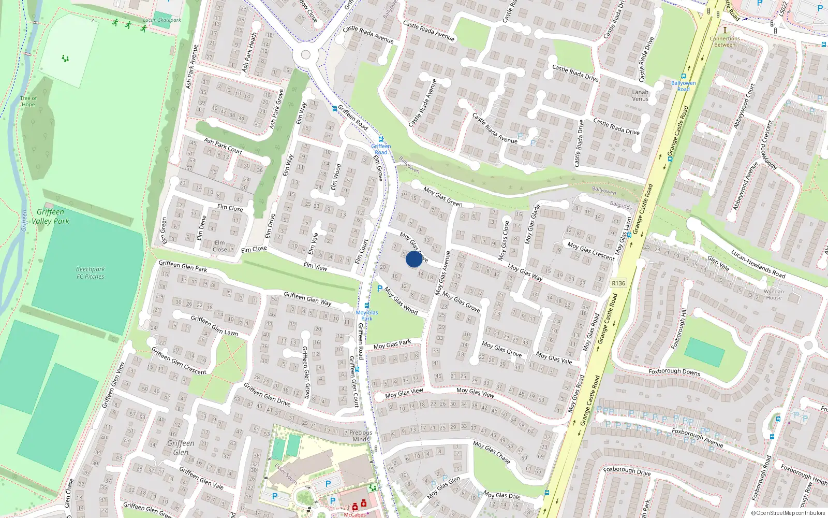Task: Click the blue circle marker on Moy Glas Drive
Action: pos(413,259)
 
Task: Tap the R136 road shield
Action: pos(618,283)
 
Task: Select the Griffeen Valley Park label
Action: pos(50,217)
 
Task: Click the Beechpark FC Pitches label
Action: pos(90,273)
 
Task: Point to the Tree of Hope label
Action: pos(28,101)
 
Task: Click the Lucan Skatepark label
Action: pos(162,20)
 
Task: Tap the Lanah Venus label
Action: pos(640,95)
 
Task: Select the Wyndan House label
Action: pos(774,294)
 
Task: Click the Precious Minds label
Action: pos(360,436)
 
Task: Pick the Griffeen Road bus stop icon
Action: pos(381,139)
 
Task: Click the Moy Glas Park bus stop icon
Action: pos(367,306)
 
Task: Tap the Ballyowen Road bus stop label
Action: pos(683,86)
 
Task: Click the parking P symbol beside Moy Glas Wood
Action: pos(380,289)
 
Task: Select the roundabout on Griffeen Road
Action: pos(305,54)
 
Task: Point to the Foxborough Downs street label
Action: pos(674,371)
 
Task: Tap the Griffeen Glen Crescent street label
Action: pos(179,361)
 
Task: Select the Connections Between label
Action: pos(724,41)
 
